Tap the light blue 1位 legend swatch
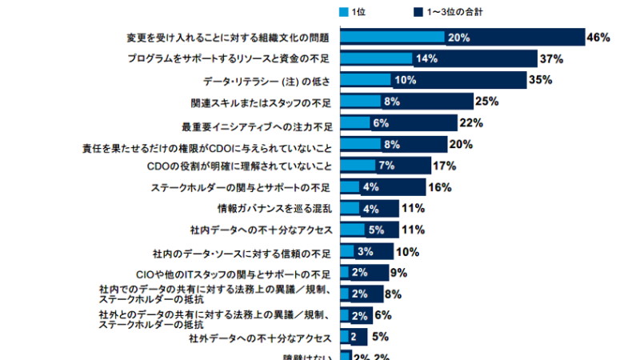[x=344, y=12]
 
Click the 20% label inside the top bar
[x=458, y=38]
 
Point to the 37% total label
[x=551, y=59]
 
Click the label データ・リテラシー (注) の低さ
[x=272, y=81]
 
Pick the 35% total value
[x=541, y=81]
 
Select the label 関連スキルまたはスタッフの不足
[x=261, y=102]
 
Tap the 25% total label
[x=486, y=102]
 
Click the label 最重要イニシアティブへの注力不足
[x=257, y=124]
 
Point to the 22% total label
[x=470, y=123]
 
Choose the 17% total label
[x=444, y=166]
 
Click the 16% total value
[x=439, y=187]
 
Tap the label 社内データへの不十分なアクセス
[x=262, y=230]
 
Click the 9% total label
[x=398, y=273]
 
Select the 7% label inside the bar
[x=386, y=166]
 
